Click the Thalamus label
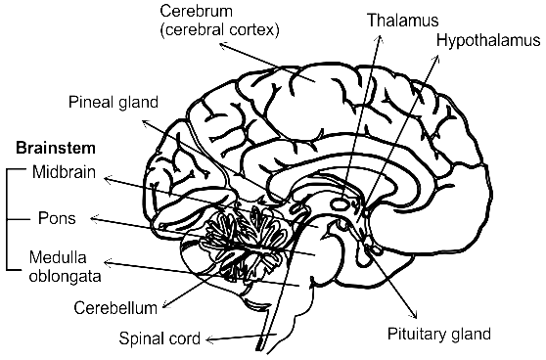403,21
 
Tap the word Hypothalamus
488,41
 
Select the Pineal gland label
114,103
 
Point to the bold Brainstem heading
56,148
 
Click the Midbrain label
64,172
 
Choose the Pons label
57,218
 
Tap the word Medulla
58,257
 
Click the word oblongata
66,277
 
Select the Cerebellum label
115,308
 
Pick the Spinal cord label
159,338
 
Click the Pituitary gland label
439,334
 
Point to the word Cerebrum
196,11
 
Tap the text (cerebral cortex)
220,30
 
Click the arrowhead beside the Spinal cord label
209,339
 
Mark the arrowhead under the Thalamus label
381,38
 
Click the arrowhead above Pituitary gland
414,315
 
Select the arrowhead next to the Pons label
94,219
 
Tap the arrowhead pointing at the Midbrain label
108,180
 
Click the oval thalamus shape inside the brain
340,203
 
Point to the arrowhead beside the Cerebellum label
165,305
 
